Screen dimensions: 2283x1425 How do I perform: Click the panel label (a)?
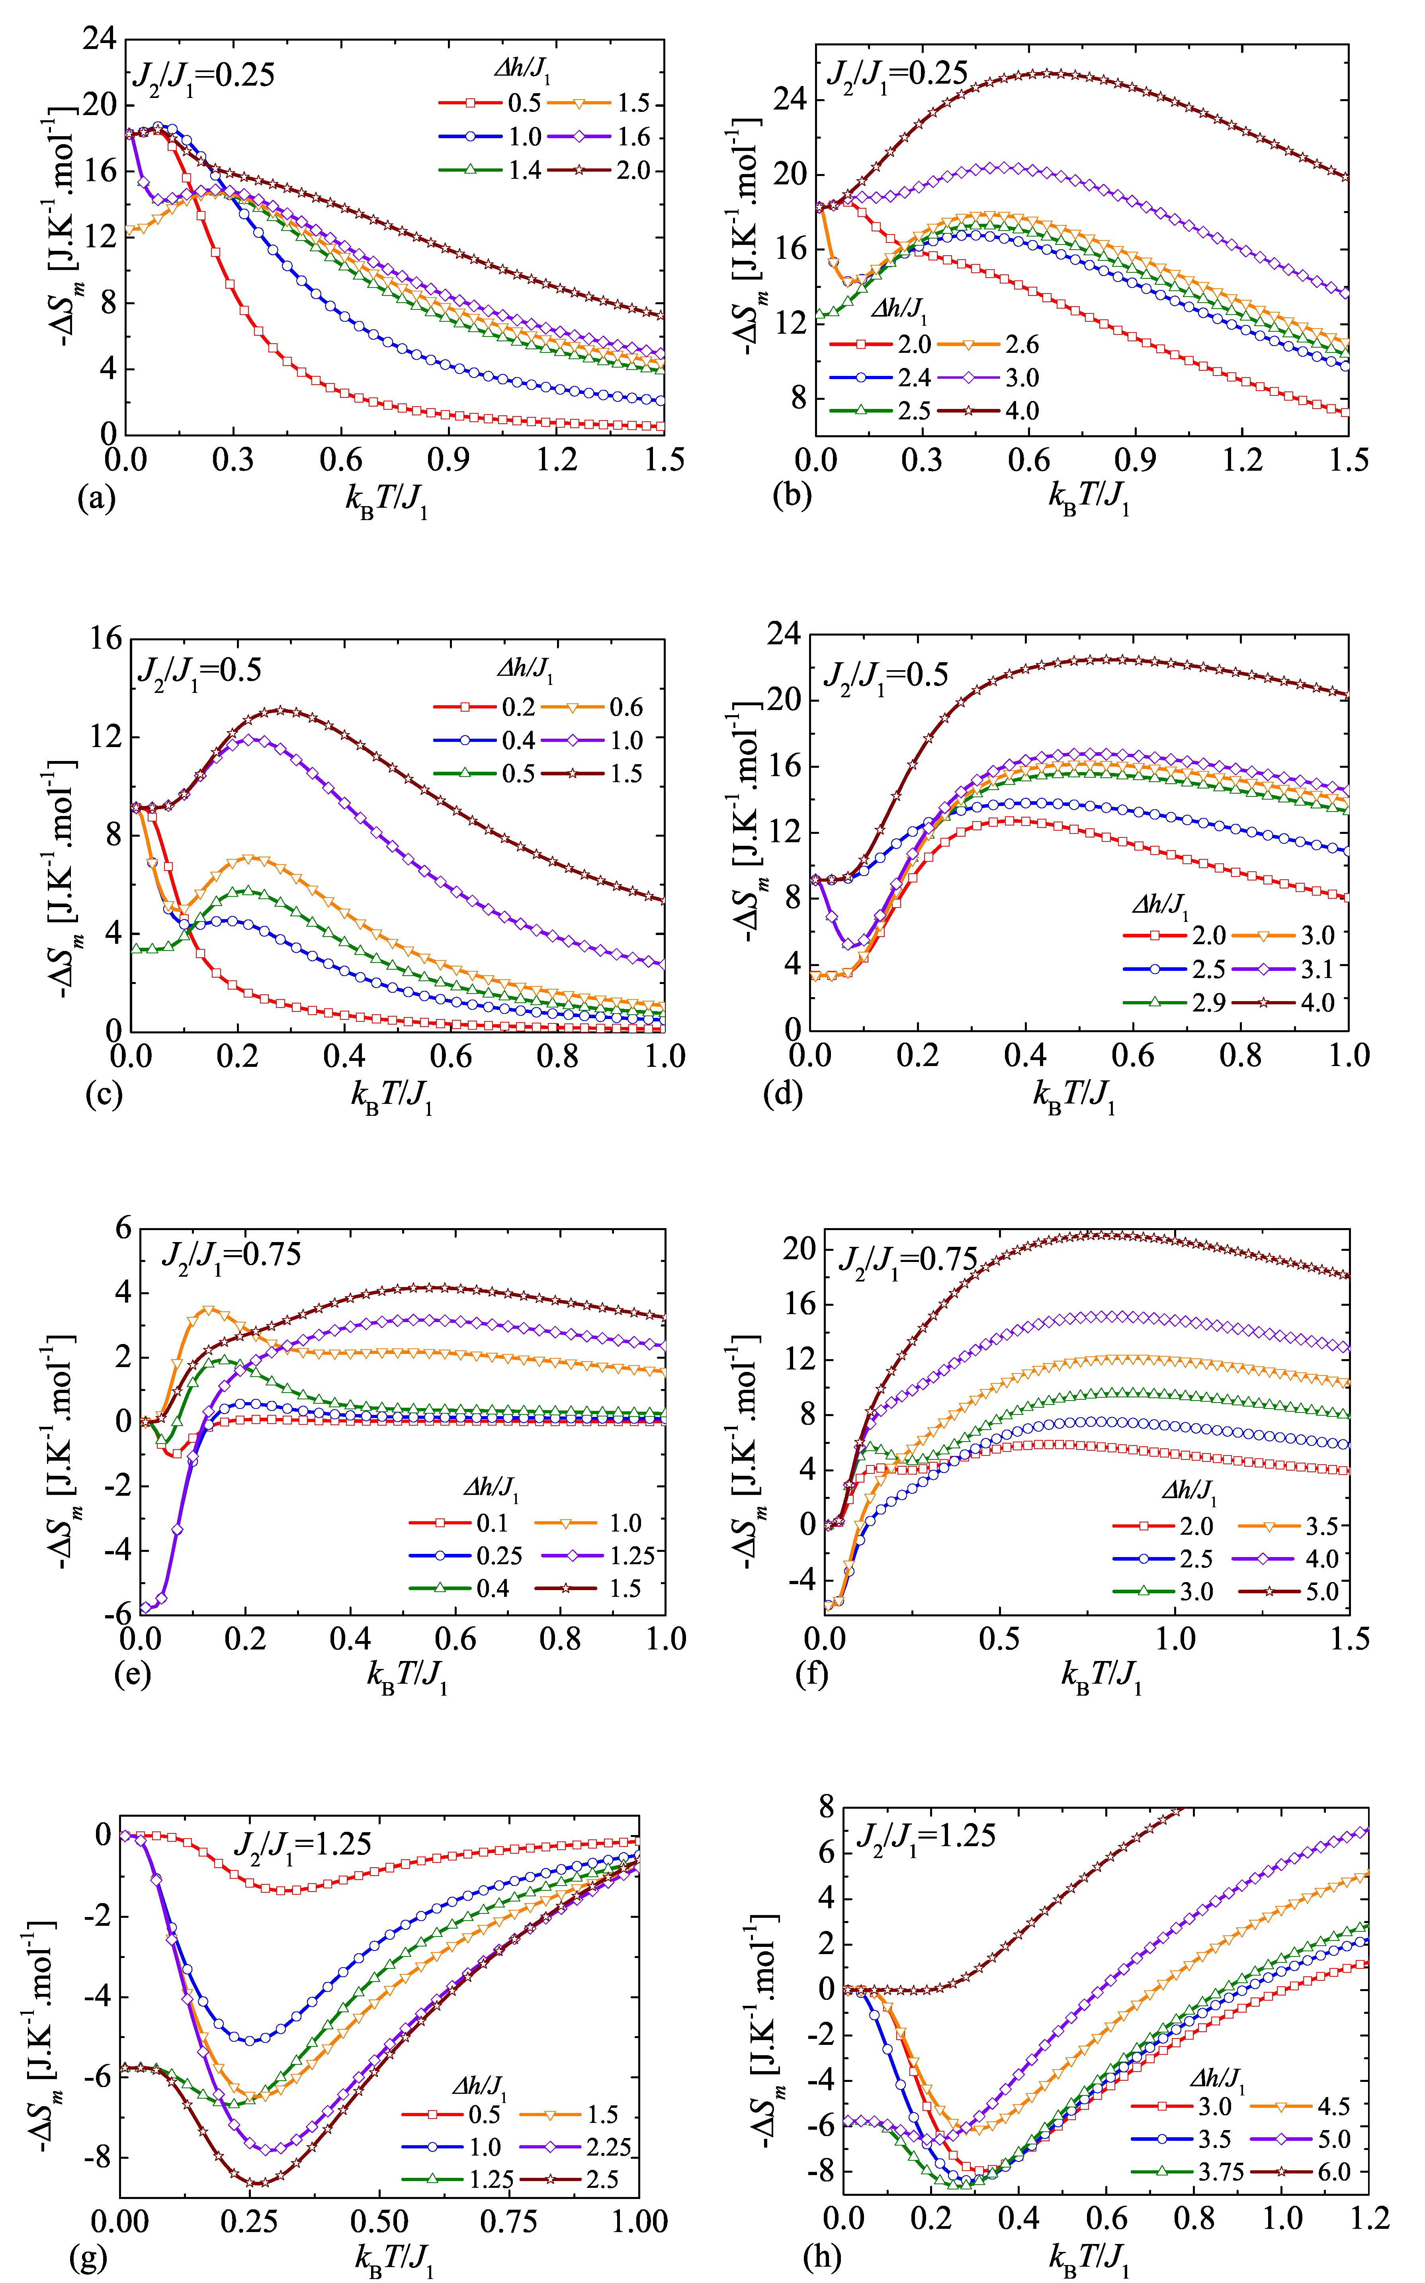(x=95, y=497)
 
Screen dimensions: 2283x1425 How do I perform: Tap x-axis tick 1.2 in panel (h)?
(x=1368, y=2217)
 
